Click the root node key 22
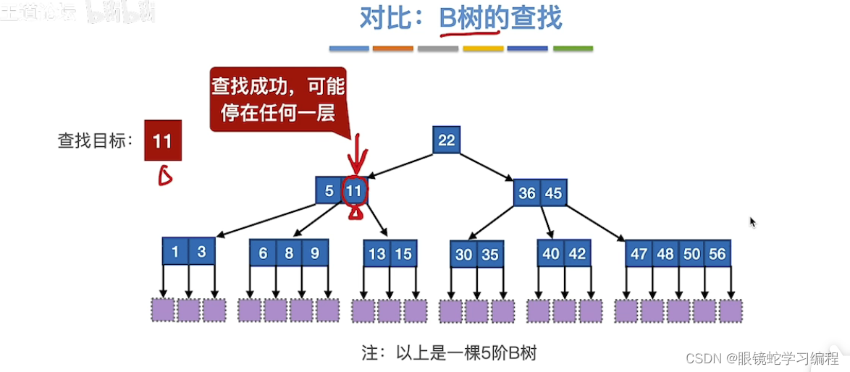(x=447, y=140)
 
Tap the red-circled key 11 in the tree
(x=354, y=191)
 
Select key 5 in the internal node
(x=329, y=191)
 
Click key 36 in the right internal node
(x=527, y=193)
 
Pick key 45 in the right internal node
(x=553, y=193)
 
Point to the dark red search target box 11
(x=162, y=140)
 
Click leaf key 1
(x=175, y=252)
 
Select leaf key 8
(x=288, y=253)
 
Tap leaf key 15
(x=403, y=254)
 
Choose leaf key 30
(x=464, y=255)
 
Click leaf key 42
(x=577, y=254)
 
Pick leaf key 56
(x=717, y=254)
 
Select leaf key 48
(x=665, y=254)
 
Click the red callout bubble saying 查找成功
(x=277, y=100)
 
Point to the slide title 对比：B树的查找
(x=460, y=19)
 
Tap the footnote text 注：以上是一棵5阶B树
(x=448, y=353)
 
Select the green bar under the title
(x=573, y=49)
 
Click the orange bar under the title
(x=393, y=49)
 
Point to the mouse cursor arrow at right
(x=753, y=222)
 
